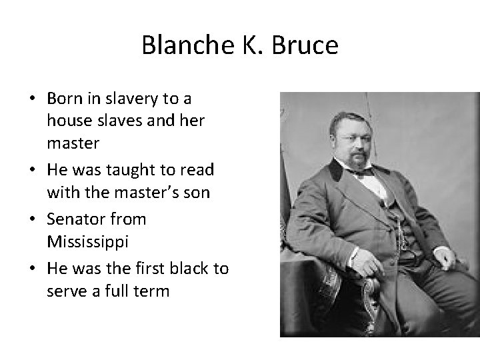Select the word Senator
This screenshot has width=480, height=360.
point(73,219)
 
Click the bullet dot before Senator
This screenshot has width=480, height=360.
point(33,219)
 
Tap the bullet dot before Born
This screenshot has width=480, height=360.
point(33,99)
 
